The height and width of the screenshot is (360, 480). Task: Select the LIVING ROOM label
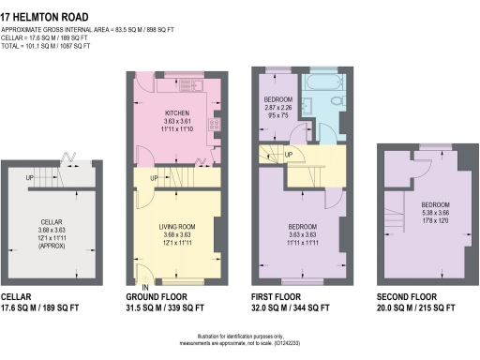click(x=178, y=226)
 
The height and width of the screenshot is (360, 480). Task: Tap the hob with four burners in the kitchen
click(x=215, y=123)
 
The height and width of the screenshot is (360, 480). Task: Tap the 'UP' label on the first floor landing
click(x=288, y=155)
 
